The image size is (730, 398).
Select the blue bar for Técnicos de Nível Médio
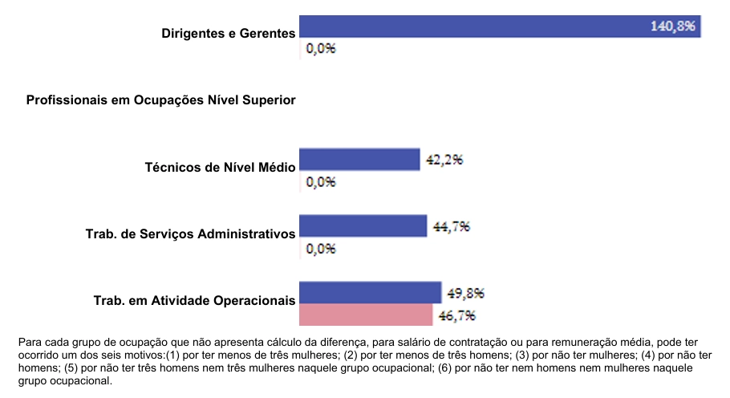click(359, 159)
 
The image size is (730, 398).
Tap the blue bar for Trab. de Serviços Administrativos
click(363, 225)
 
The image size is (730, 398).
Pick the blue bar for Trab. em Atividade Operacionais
click(370, 292)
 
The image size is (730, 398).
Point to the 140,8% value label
click(674, 26)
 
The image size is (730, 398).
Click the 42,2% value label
click(444, 159)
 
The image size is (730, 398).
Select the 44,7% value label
click(451, 226)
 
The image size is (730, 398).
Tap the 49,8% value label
click(465, 293)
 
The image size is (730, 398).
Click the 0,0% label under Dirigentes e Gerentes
click(321, 48)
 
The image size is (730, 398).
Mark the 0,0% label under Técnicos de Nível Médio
click(321, 181)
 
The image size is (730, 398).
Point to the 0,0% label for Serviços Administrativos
click(321, 248)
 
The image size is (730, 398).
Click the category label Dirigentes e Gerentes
click(229, 34)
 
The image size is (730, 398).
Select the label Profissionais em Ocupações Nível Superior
click(161, 100)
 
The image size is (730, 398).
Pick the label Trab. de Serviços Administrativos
click(191, 234)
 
